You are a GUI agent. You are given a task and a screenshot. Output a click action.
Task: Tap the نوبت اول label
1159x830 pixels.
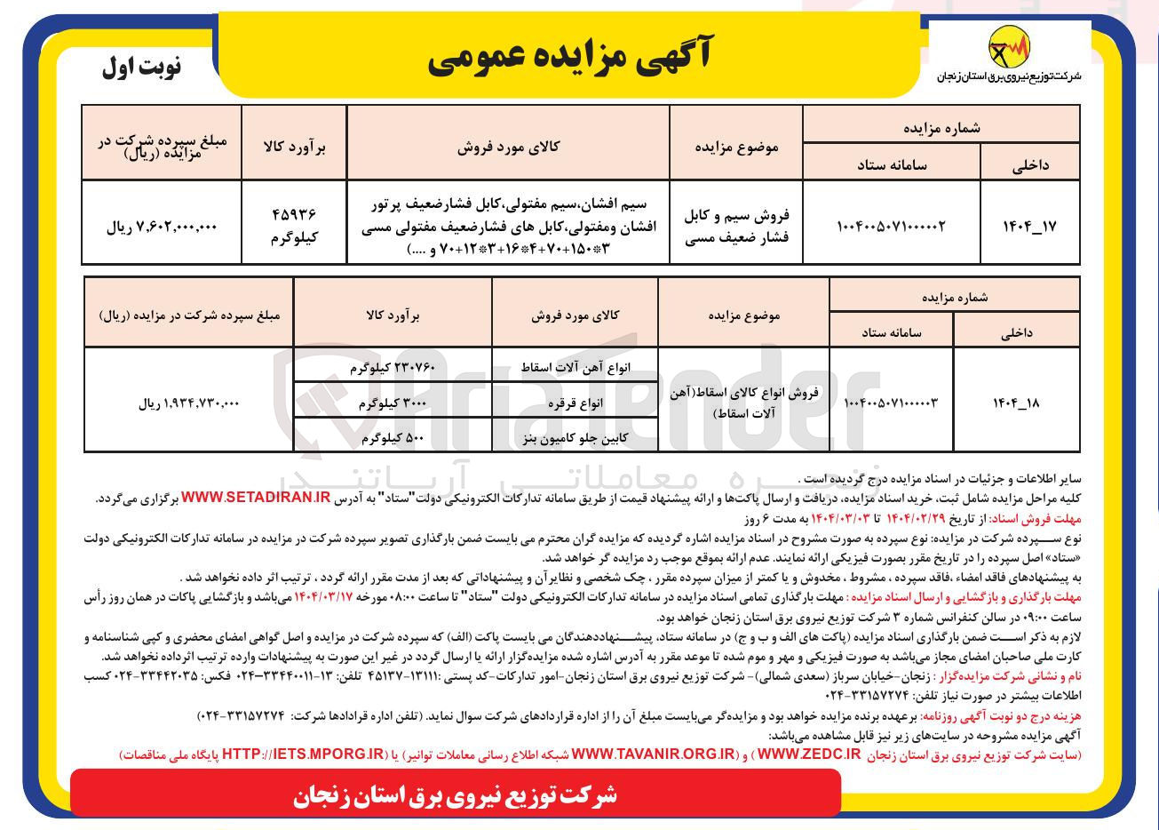click(141, 68)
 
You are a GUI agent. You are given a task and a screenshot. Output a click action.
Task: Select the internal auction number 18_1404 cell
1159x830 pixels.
click(1016, 403)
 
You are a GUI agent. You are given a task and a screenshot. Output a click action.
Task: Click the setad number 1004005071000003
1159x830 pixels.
click(891, 403)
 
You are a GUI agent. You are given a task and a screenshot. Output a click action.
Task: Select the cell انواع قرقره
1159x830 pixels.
click(575, 403)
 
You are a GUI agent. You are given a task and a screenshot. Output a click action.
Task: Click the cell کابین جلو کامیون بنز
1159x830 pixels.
click(575, 437)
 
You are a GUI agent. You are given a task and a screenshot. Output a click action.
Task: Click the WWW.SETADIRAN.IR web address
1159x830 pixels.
click(256, 499)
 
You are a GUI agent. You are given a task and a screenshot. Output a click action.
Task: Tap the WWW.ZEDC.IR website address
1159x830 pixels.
click(809, 754)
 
